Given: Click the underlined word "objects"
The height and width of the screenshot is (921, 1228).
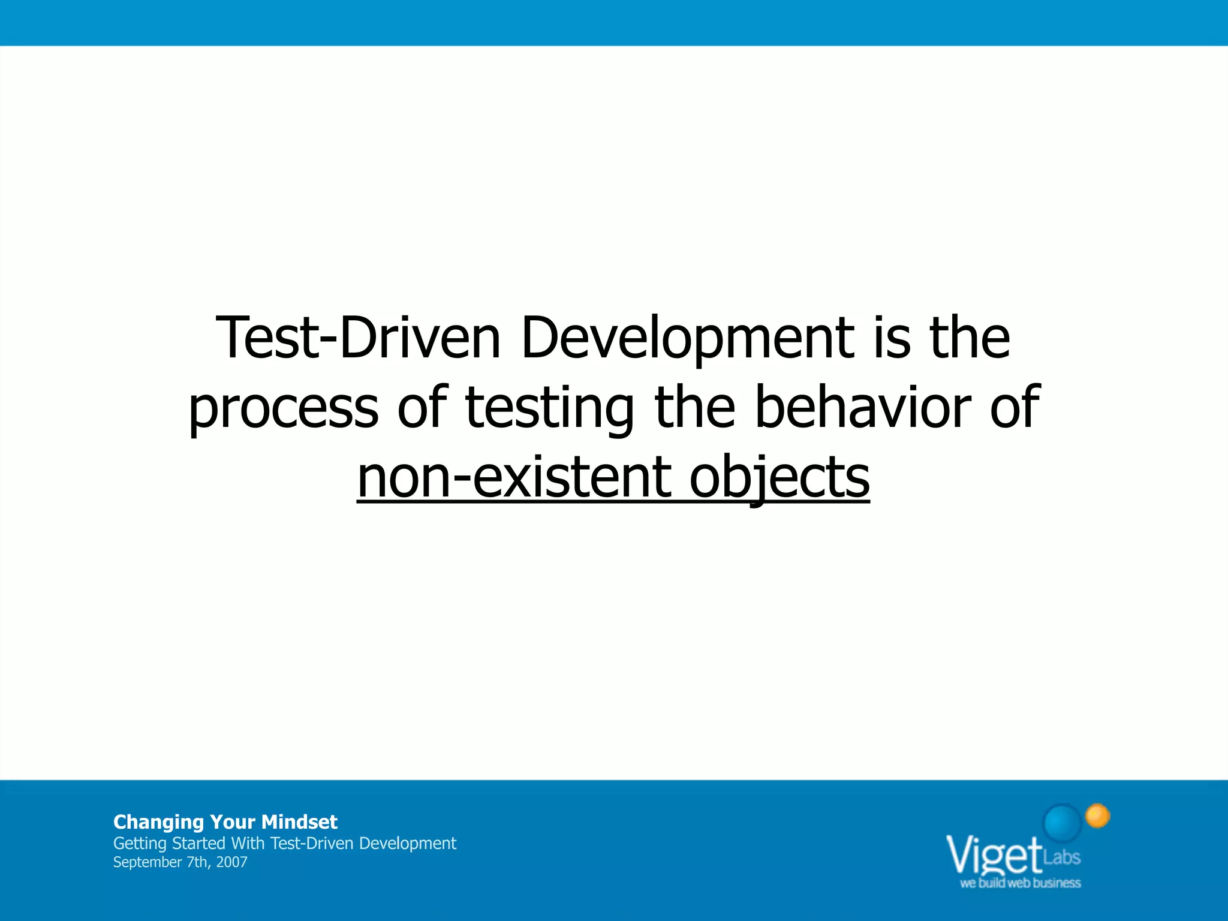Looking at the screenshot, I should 779,478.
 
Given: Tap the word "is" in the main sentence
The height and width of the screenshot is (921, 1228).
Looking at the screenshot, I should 892,338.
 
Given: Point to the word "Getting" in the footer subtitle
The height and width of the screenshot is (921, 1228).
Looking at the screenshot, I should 140,844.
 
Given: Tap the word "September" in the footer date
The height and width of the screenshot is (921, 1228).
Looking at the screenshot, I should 147,862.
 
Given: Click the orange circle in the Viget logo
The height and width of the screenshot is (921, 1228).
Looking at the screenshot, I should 1098,815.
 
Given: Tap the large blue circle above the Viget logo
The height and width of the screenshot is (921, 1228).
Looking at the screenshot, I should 1063,822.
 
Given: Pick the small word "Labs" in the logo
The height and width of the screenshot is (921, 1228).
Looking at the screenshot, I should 1062,857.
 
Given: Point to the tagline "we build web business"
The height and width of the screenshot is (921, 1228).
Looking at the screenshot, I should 1020,883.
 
